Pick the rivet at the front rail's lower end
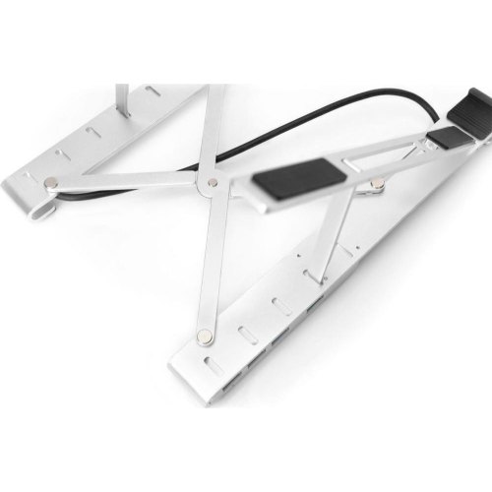coord(204,337)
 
